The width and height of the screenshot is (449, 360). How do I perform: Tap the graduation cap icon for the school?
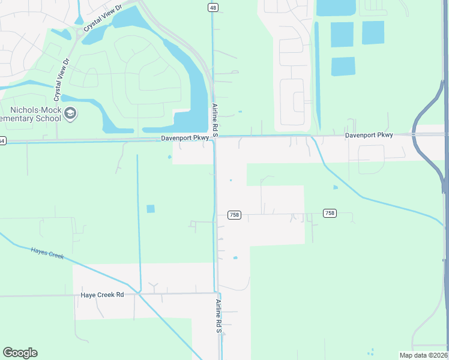point(71,114)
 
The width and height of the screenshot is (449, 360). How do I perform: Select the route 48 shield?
point(214,7)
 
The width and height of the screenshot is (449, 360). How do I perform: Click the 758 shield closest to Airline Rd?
point(234,215)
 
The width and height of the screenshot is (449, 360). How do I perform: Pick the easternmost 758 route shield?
point(330,213)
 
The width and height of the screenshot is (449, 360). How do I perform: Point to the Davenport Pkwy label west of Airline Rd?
point(185,138)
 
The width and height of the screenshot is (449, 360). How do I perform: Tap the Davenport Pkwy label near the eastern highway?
point(369,135)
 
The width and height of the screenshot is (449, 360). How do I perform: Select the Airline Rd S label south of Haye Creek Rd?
point(219,316)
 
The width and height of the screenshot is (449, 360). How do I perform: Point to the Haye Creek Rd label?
point(102,295)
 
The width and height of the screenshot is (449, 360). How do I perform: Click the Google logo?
point(20,353)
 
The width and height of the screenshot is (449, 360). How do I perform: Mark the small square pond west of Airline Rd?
point(150,209)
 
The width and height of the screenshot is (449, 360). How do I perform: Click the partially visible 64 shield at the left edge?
point(2,141)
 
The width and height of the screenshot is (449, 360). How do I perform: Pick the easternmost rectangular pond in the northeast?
point(372,33)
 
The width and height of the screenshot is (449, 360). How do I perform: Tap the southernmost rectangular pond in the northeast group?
point(343,66)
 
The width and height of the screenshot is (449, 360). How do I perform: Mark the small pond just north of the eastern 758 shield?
point(335,187)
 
